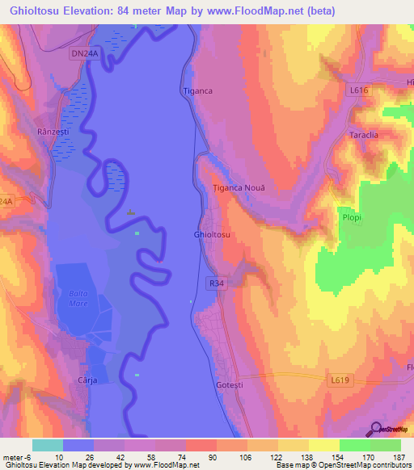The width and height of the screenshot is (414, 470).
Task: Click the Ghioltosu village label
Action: (212, 234)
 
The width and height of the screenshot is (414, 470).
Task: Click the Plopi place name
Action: (350, 218)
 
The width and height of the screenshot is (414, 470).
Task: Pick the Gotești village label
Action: (229, 384)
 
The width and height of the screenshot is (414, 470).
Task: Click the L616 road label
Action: (359, 91)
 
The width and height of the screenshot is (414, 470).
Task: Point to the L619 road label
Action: (341, 377)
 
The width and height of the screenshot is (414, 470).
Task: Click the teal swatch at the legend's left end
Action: (48, 445)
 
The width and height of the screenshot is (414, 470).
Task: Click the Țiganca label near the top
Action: (197, 91)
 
